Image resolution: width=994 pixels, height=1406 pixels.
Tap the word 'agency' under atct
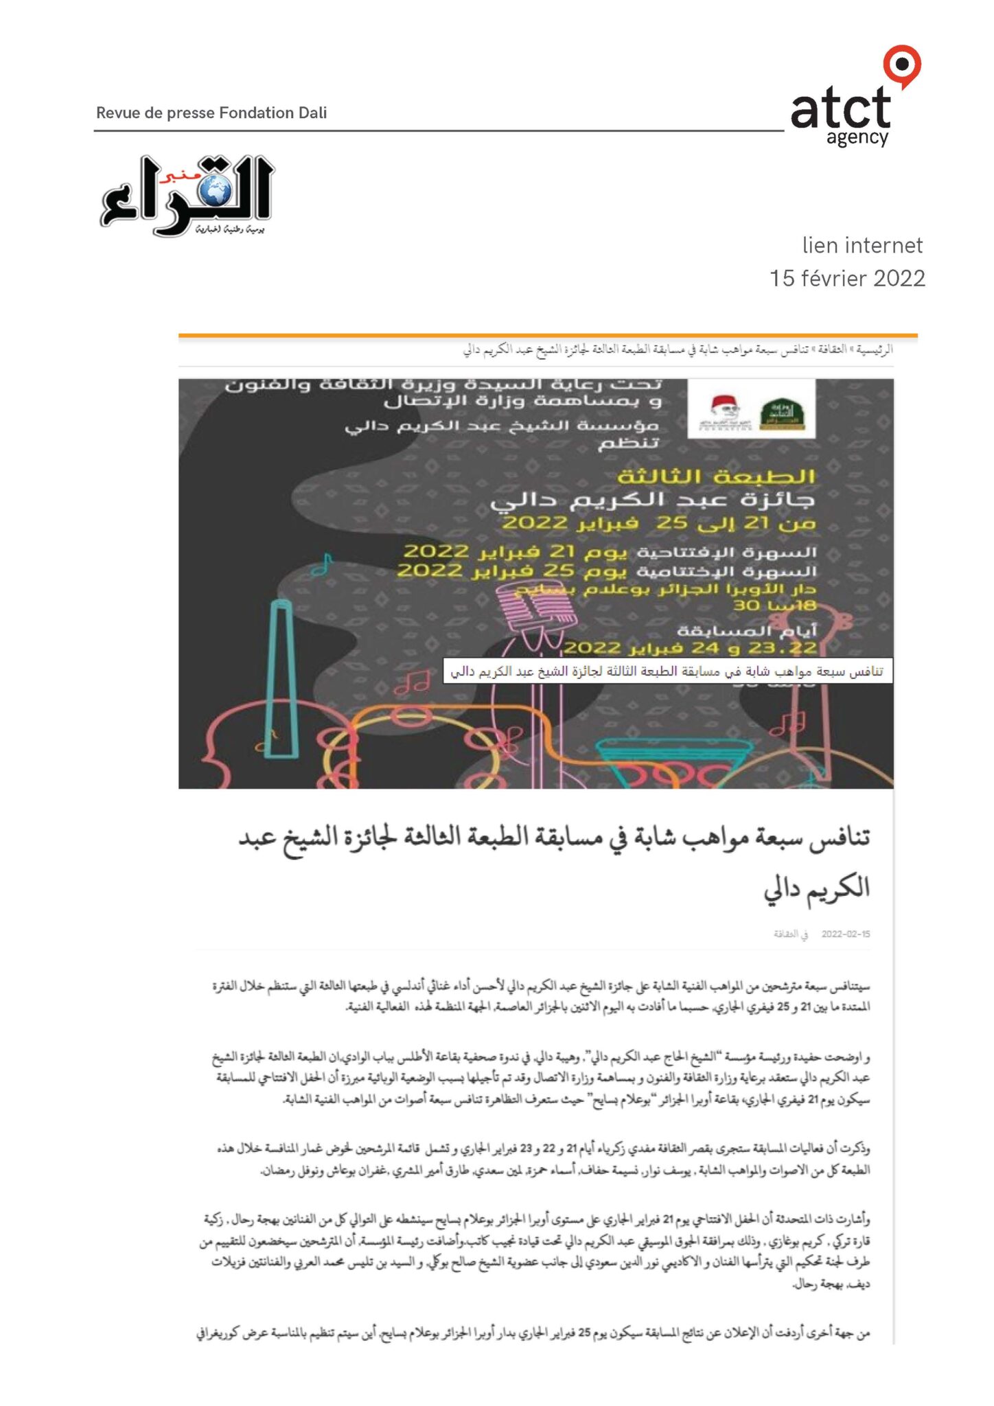[857, 138]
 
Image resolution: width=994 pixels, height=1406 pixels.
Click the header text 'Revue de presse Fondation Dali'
[211, 113]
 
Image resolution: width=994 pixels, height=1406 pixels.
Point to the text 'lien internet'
[862, 245]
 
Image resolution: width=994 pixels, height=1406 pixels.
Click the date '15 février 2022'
[847, 278]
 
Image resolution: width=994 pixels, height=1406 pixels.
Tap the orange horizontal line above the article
[547, 336]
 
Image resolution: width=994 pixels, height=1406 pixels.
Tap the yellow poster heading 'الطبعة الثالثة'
[716, 476]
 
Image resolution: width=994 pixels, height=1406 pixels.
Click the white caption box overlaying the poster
[667, 671]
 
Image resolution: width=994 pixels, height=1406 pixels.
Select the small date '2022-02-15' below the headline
[845, 934]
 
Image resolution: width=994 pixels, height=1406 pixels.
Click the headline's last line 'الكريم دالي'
[816, 888]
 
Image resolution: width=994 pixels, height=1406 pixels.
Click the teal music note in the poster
[323, 565]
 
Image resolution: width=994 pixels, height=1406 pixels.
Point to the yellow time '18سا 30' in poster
[774, 606]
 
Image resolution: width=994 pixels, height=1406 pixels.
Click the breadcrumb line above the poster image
[678, 350]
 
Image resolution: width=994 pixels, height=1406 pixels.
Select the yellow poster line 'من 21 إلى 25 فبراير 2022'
[659, 523]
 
